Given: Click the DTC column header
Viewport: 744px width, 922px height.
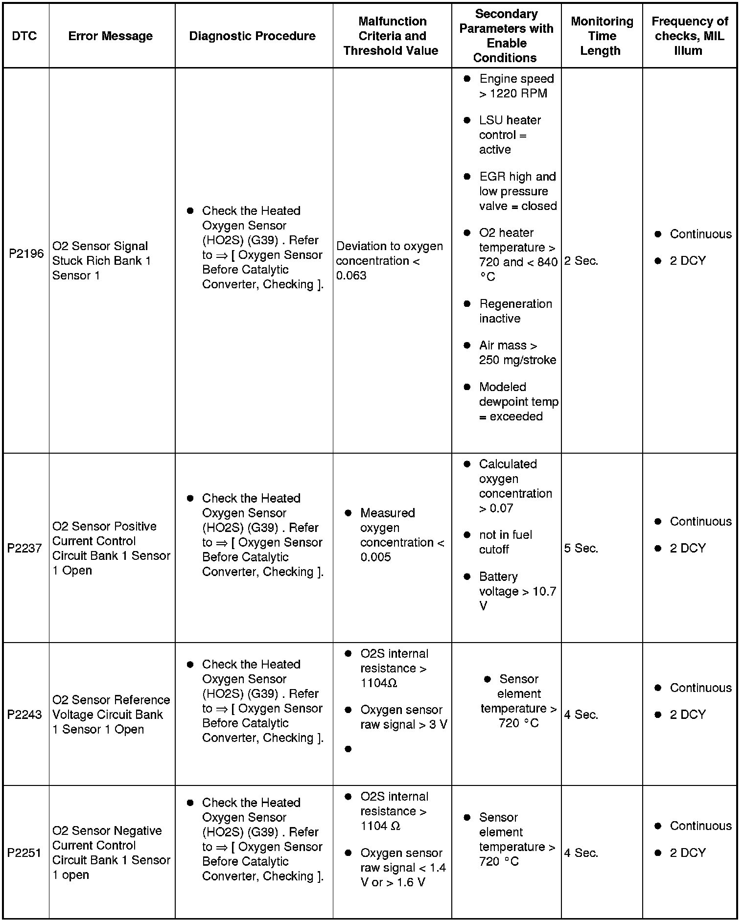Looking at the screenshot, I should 24,36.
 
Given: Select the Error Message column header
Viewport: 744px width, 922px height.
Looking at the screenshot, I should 110,36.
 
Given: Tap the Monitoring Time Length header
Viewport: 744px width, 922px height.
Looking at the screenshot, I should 602,36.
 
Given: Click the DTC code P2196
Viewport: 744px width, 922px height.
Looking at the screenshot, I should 26,254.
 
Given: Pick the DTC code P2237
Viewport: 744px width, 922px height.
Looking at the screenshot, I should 24,548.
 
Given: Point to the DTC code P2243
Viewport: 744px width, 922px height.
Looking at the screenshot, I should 24,715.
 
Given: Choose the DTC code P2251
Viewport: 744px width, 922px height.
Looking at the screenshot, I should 24,853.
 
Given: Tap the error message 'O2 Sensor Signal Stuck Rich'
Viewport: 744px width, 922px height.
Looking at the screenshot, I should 101,260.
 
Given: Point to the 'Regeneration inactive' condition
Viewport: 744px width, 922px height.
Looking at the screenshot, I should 515,311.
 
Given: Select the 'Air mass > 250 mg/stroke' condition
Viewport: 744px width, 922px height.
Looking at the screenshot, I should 517,353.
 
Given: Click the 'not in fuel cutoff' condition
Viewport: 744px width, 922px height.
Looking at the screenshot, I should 505,542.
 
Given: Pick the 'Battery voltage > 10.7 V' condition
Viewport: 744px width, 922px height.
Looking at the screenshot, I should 517,591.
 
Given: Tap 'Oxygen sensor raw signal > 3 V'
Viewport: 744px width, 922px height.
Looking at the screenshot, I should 403,717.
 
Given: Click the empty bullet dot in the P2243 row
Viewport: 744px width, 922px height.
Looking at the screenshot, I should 348,749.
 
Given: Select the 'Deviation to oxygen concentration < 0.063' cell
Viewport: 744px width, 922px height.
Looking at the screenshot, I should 389,261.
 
